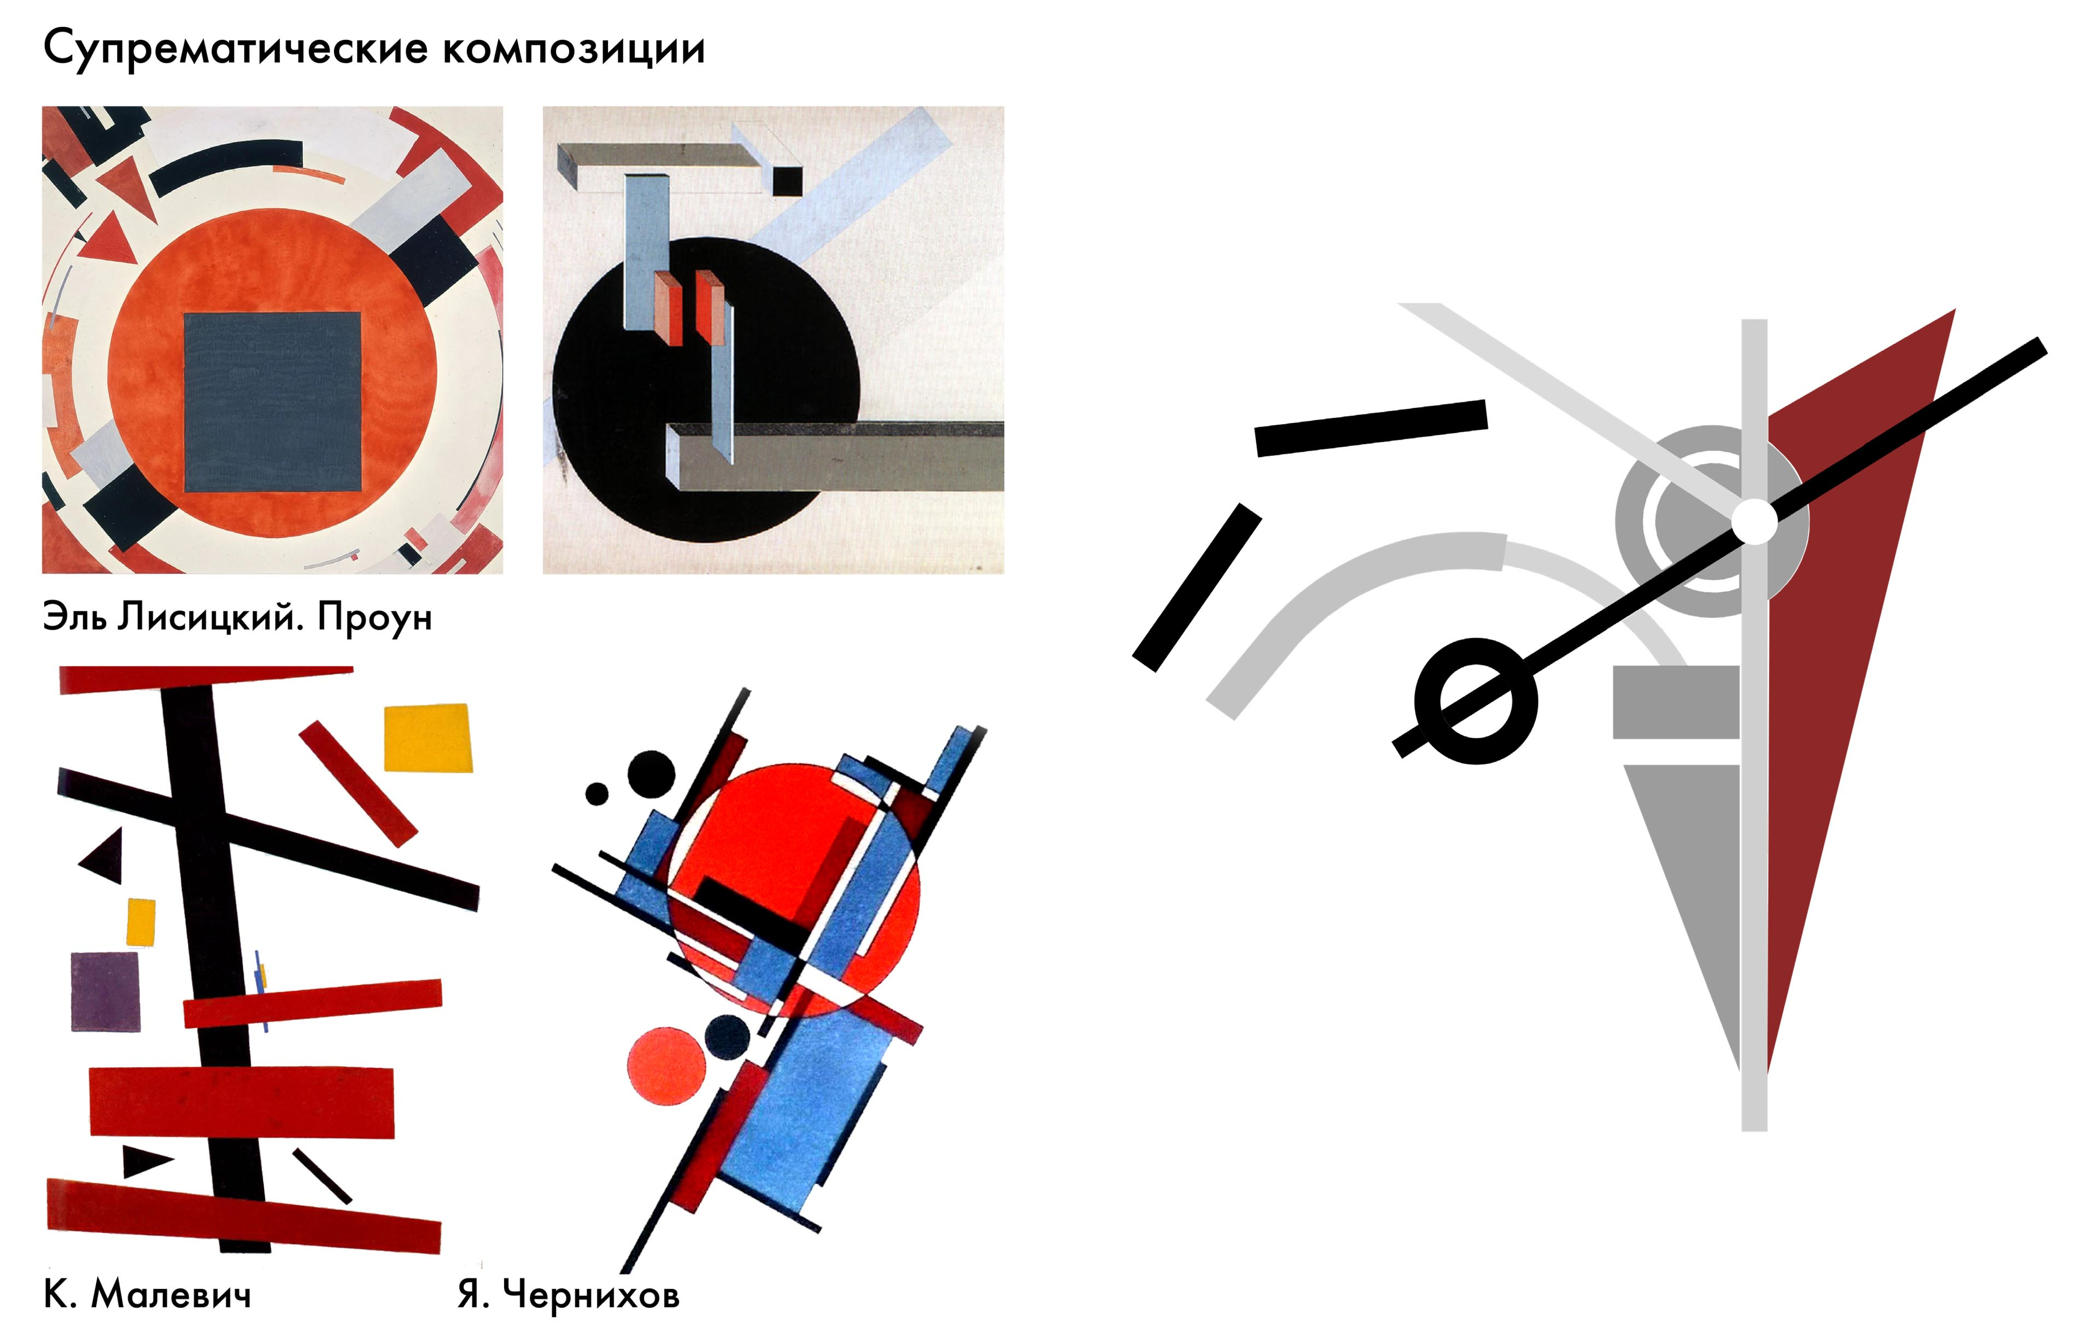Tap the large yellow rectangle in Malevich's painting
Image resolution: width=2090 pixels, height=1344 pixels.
[429, 738]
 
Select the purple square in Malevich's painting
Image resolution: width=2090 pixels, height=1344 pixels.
[105, 991]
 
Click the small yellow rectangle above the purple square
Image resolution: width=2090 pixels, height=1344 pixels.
[142, 921]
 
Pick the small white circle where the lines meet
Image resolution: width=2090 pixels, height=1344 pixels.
[1754, 521]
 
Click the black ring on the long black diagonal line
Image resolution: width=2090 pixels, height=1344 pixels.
[1476, 701]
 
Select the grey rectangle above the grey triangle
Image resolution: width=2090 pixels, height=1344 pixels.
[1676, 703]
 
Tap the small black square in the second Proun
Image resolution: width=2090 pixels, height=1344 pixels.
[787, 180]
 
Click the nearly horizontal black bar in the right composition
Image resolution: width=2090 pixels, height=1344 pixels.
[1371, 428]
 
